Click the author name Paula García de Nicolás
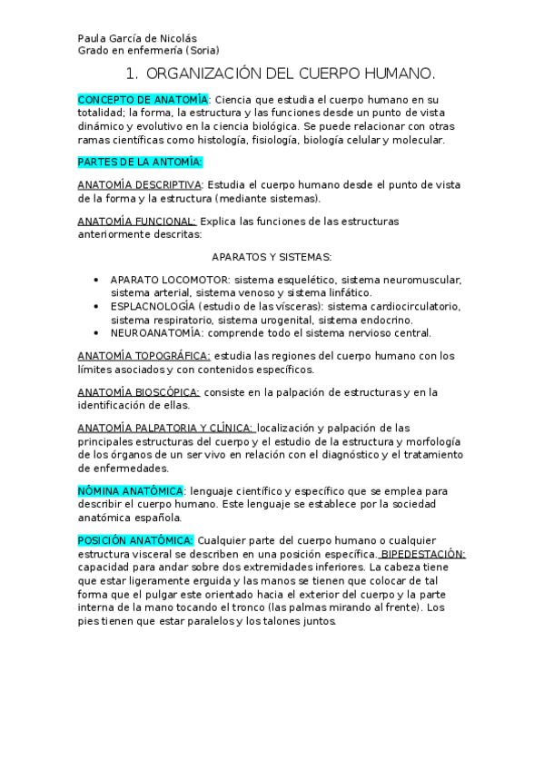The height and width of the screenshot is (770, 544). point(133,38)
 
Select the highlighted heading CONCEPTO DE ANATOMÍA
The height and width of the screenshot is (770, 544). point(143,99)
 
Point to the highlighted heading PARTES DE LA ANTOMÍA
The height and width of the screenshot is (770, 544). point(140,162)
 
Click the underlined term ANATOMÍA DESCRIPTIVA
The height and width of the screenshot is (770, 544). point(140,184)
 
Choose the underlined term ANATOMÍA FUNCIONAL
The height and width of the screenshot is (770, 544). point(136,221)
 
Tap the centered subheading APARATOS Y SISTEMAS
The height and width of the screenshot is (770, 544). point(272,257)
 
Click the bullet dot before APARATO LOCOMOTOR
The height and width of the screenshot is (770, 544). point(96,280)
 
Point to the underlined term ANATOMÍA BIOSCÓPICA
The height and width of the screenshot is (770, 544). point(138,392)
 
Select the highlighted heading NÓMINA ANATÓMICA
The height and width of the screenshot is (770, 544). point(130,490)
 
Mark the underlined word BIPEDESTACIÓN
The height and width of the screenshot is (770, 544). point(423,553)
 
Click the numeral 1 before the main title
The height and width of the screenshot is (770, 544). point(131,73)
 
